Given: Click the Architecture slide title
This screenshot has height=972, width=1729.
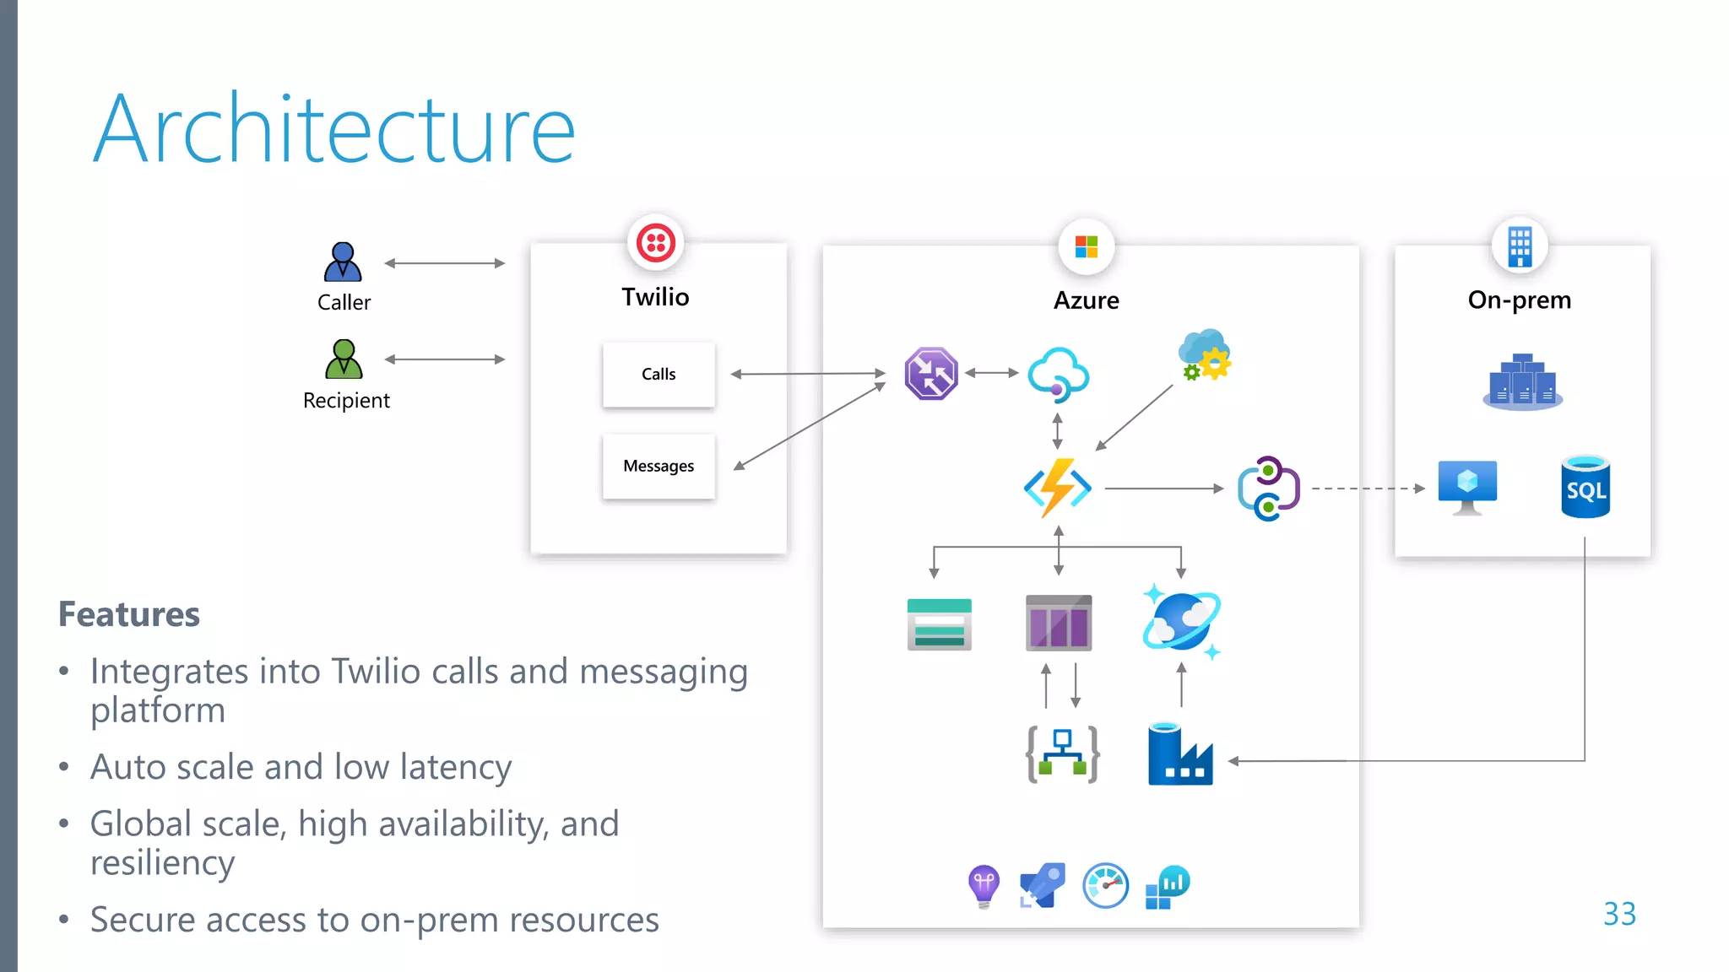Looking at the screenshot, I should pos(333,129).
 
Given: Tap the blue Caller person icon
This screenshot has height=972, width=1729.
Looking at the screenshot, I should pos(343,262).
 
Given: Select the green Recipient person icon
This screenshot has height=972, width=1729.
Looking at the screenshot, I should pos(344,359).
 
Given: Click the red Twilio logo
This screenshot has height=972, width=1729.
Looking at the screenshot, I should pos(656,244).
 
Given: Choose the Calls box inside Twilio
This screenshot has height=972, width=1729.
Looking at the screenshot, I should pos(659,374).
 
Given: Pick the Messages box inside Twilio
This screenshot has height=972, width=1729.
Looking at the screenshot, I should pos(659,466).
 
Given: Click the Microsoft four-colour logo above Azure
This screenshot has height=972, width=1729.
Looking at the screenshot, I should pos(1087,247).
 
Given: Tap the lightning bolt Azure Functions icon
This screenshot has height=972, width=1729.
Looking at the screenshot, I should pos(1057,488).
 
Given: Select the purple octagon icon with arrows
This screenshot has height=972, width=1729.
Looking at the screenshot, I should pos(931,373).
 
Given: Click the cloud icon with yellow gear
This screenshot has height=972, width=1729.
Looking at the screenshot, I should pos(1205,355).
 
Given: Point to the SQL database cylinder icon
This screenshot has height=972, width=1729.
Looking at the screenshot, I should pos(1585,487).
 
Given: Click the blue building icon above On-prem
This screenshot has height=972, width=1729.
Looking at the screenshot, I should pos(1520,246).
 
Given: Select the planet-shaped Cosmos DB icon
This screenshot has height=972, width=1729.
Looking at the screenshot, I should pos(1181,622).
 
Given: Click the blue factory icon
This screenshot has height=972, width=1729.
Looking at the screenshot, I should pos(1179,755).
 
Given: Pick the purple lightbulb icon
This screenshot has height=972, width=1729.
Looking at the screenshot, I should pos(984,886).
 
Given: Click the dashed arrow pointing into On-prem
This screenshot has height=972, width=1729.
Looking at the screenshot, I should pos(1368,489).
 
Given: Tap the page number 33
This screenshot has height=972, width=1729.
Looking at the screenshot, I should pos(1619,914).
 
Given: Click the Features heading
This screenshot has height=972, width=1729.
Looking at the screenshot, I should pos(129,614).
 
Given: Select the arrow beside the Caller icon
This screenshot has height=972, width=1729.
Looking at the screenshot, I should pos(445,263).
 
